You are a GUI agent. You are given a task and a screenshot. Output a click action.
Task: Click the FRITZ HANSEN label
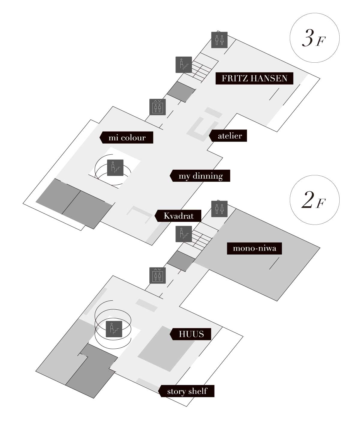[254, 79]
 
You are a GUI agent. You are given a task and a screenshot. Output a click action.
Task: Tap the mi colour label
[127, 138]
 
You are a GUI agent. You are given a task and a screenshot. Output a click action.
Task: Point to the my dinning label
[200, 176]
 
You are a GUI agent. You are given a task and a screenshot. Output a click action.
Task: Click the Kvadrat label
[178, 216]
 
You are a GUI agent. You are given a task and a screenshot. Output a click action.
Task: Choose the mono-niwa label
[254, 249]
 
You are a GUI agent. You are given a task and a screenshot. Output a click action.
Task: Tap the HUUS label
[191, 334]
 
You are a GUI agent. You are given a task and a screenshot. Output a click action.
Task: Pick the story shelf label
[187, 391]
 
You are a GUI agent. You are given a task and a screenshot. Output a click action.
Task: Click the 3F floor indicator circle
[314, 38]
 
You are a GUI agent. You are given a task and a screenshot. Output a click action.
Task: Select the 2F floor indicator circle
[314, 201]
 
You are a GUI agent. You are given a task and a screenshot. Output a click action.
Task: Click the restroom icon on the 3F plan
[219, 40]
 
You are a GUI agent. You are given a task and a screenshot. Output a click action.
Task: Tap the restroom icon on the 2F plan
[219, 209]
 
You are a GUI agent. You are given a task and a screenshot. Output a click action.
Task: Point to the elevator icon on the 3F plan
[157, 107]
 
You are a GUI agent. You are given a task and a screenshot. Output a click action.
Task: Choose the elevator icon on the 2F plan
[157, 276]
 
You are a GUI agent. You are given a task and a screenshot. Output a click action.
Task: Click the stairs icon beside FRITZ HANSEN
[184, 64]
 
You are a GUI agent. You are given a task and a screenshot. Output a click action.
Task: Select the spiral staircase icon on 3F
[115, 168]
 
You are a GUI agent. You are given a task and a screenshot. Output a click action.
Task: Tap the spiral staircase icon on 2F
[114, 329]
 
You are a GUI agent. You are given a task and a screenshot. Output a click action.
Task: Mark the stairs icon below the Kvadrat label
[184, 234]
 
